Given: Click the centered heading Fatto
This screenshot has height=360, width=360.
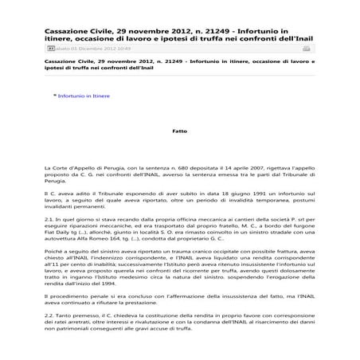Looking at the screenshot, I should pos(179,130).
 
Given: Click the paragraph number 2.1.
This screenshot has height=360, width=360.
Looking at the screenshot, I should pos(51,217).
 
